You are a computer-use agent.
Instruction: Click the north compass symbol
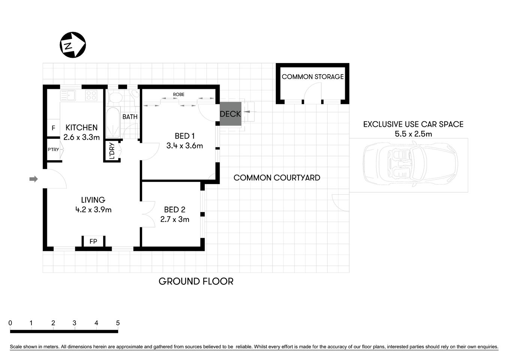(73, 45)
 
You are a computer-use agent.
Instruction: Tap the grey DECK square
(230, 114)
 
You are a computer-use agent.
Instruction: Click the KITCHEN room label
(81, 127)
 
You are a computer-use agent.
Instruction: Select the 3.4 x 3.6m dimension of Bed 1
(184, 146)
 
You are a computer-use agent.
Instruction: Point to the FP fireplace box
(93, 241)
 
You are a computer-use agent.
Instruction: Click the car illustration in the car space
(410, 164)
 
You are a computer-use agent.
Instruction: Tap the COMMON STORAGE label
(313, 77)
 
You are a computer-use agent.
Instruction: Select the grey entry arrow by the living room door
(34, 179)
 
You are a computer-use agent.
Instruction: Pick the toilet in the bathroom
(115, 97)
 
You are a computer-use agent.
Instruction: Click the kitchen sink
(69, 95)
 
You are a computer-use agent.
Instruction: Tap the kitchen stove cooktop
(91, 95)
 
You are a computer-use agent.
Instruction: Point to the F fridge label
(53, 128)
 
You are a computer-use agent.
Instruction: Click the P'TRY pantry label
(53, 150)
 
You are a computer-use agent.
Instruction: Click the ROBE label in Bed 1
(179, 94)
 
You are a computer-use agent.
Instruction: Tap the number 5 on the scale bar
(118, 323)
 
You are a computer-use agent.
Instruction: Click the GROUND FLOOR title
(196, 281)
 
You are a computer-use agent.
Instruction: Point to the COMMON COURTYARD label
(277, 178)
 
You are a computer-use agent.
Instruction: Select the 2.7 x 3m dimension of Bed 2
(175, 219)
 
